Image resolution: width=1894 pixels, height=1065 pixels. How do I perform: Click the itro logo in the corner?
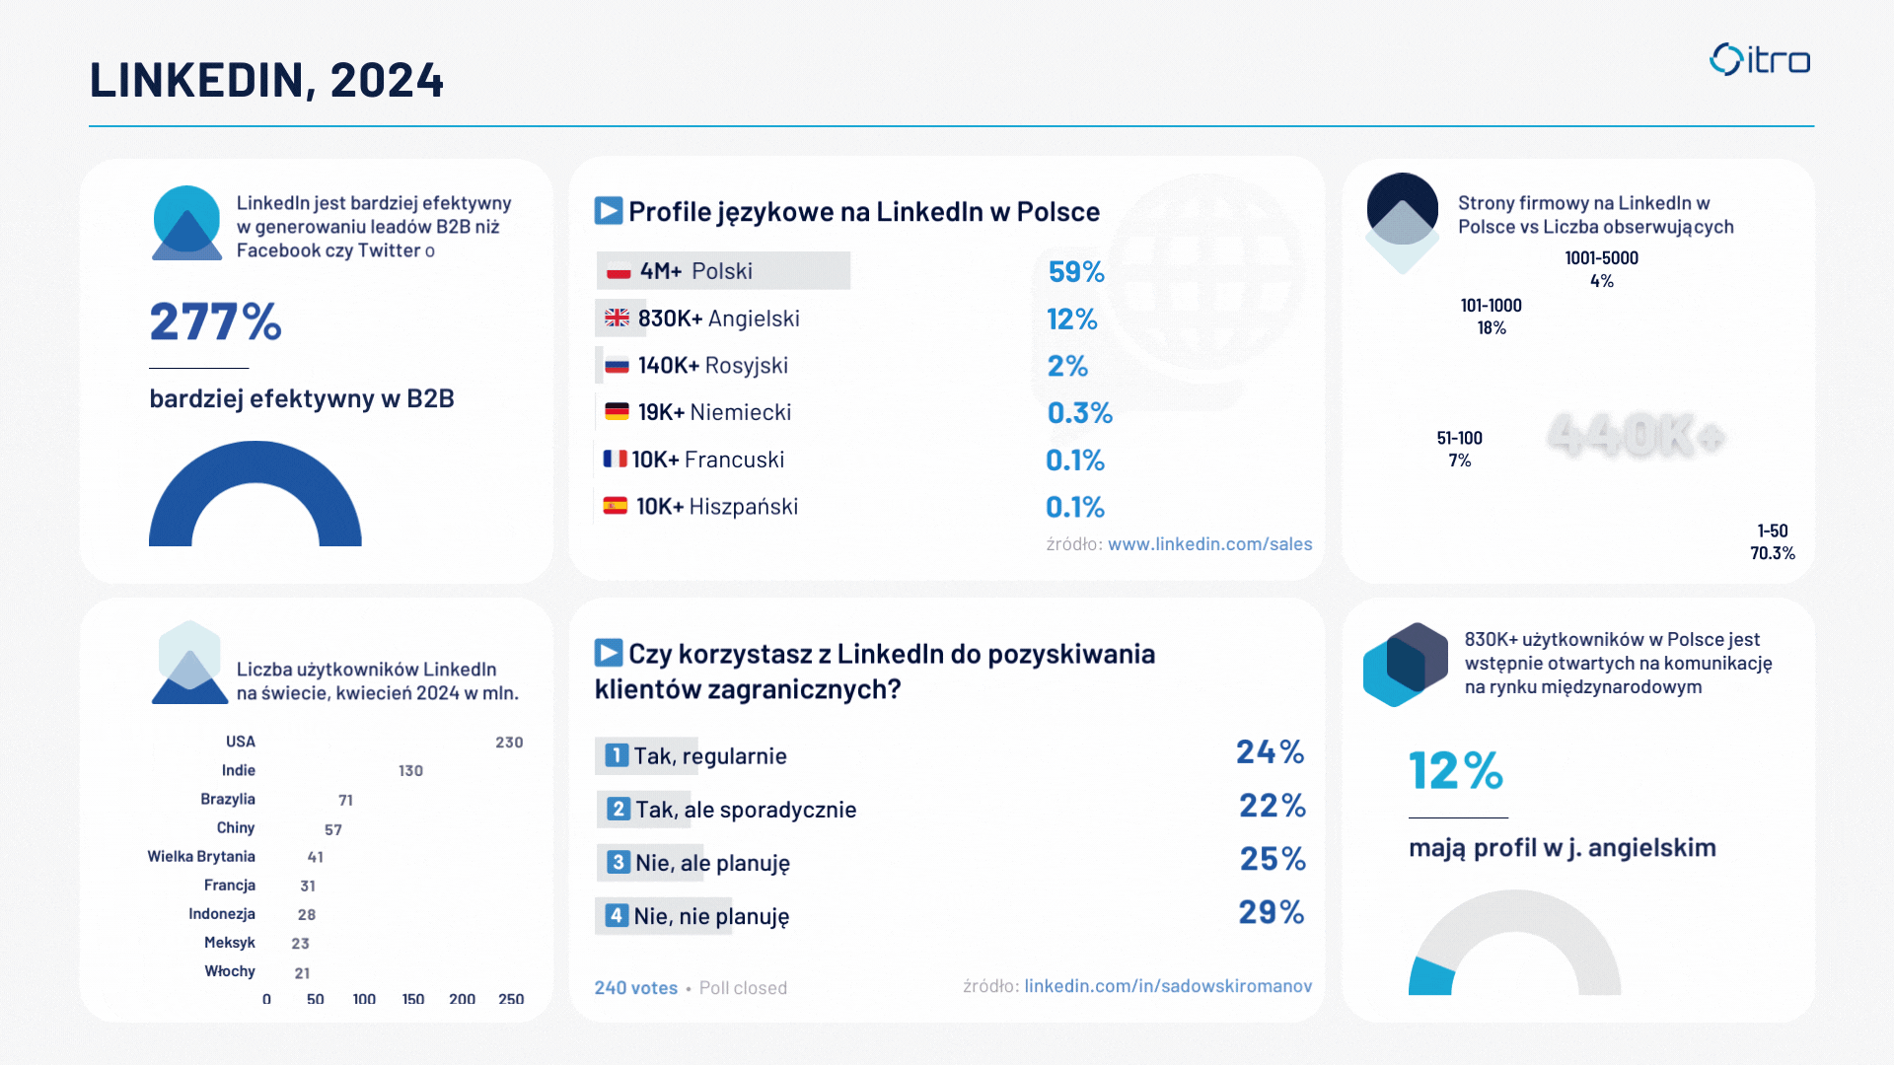[x=1760, y=60]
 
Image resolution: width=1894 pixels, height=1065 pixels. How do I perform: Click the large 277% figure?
[x=215, y=321]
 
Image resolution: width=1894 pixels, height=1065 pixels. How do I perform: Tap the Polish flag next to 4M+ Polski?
[x=619, y=271]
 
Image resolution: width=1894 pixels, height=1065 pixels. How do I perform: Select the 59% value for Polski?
[x=1075, y=271]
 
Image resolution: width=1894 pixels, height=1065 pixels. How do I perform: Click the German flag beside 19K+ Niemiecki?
[x=617, y=412]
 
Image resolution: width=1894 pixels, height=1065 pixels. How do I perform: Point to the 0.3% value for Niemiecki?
[x=1079, y=412]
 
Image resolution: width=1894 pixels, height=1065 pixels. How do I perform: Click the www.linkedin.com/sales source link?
[x=1209, y=543]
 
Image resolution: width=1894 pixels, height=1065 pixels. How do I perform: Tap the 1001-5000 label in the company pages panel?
[x=1601, y=258]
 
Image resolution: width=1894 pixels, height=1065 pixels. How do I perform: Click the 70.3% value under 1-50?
[x=1772, y=553]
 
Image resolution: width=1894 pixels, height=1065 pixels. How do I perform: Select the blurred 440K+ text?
[x=1636, y=435]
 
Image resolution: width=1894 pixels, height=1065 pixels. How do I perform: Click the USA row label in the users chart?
[x=240, y=742]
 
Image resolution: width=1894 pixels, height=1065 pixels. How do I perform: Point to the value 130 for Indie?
[x=410, y=771]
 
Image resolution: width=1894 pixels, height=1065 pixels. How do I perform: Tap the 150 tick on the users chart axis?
[x=412, y=999]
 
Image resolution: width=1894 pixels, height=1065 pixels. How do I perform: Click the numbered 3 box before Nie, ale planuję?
[x=618, y=863]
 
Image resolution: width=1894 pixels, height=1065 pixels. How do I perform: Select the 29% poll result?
[x=1271, y=912]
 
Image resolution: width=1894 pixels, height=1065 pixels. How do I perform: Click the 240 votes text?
[x=635, y=988]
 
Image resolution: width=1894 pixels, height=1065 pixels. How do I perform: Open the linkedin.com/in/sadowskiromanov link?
[x=1168, y=986]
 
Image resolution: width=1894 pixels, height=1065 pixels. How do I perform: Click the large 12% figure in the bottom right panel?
[x=1455, y=771]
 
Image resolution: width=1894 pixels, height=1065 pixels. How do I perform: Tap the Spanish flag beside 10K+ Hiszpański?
[x=616, y=506]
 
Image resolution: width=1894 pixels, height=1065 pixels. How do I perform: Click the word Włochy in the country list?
[x=230, y=971]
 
